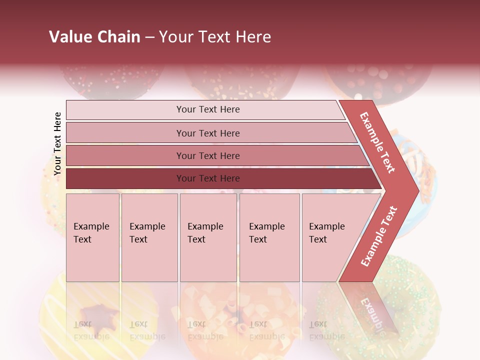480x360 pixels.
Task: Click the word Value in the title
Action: [x=68, y=37]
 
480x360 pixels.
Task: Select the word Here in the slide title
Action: [x=253, y=37]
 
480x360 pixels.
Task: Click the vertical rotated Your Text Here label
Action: [x=57, y=143]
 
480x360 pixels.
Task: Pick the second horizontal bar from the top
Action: [x=208, y=133]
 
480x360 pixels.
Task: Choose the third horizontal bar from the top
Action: [x=208, y=155]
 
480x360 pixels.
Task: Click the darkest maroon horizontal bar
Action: [x=208, y=178]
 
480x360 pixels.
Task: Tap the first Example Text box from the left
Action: [x=92, y=237]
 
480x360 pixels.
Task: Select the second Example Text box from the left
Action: [x=149, y=237]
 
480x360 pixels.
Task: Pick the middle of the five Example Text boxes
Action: [x=208, y=237]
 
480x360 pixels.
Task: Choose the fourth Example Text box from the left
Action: [x=269, y=237]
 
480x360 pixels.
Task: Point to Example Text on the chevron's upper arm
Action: [x=377, y=142]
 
